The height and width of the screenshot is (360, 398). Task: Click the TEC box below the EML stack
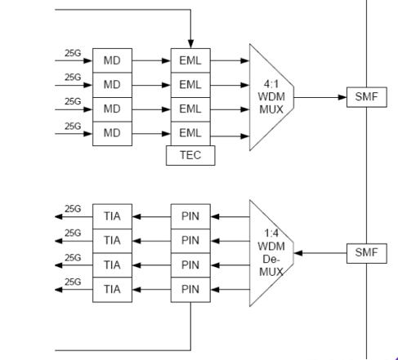pos(190,155)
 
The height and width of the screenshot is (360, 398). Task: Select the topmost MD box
pos(112,60)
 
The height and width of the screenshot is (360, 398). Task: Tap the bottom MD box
pos(112,134)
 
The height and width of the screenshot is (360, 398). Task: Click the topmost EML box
pos(190,60)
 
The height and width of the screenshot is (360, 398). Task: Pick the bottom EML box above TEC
pos(190,134)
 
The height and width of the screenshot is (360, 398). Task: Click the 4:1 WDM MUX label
pos(271,97)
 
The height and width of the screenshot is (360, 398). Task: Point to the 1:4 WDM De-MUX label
pos(271,252)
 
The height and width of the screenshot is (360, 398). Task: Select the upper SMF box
pos(367,97)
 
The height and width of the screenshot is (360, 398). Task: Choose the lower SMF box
pos(367,253)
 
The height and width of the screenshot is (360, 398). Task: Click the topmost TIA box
pos(112,216)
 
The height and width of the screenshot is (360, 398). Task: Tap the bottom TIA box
pos(112,290)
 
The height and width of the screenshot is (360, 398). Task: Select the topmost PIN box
pos(190,216)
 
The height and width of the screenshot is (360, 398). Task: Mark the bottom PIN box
pos(190,290)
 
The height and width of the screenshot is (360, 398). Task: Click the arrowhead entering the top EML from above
pos(190,44)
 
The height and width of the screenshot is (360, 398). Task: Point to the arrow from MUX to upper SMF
pos(320,97)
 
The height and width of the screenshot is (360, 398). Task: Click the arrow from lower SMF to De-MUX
pos(320,253)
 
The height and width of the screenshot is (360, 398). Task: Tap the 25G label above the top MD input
pos(73,53)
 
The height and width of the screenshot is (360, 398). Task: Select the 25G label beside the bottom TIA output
pos(73,282)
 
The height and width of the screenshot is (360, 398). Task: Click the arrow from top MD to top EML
pos(151,60)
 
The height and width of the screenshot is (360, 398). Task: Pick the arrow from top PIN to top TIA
pos(151,216)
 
